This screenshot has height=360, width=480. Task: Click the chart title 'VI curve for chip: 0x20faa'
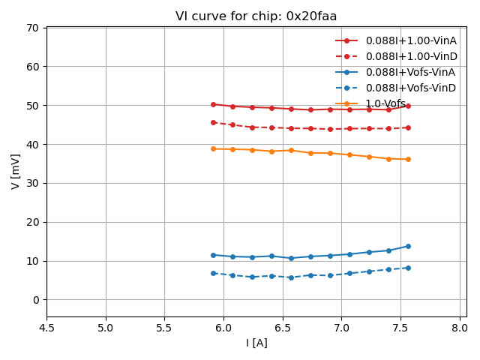coord(256,16)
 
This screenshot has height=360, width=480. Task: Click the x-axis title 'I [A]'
coord(256,343)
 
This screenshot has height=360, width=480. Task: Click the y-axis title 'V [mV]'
coord(16,172)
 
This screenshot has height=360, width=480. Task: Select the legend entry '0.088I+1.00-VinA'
coord(410,40)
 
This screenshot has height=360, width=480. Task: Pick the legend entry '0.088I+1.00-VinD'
coord(410,56)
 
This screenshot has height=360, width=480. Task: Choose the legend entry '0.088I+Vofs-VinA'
coord(410,72)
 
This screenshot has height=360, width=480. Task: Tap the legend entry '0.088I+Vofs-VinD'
coord(410,88)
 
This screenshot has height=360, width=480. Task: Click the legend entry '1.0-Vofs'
coord(385,103)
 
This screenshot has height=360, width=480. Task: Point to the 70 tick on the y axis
coord(33,28)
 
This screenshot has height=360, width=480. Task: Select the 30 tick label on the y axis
coord(33,183)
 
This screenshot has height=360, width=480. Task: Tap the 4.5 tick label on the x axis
coord(46,328)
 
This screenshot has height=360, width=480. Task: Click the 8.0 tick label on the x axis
coord(460,328)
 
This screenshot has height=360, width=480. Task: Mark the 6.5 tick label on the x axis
coord(283,328)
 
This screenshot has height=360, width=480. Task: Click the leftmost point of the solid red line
coord(213,104)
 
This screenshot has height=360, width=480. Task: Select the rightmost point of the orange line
coord(408,159)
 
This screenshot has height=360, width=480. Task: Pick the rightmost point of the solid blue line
coord(408,246)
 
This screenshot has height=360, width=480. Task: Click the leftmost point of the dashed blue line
coord(213,273)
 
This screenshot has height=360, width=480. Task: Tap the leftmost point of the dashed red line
coord(213,122)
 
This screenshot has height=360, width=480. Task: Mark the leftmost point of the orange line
coord(213,148)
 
